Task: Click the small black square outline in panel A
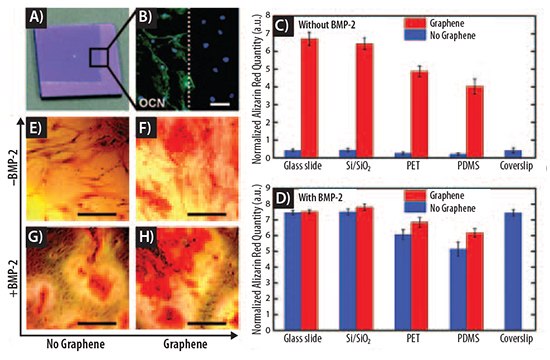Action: point(101,59)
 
